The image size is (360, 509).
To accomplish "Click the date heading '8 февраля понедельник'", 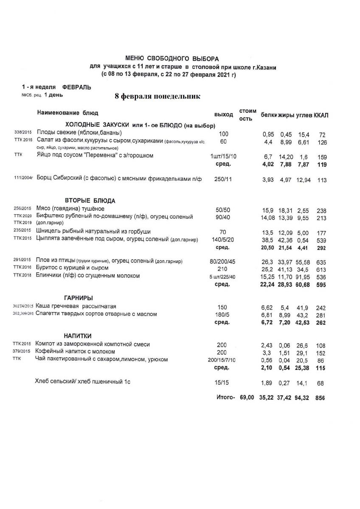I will click(157, 96).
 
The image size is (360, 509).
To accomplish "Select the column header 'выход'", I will click(224, 115).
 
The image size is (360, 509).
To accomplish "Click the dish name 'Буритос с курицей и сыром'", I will click(73, 268).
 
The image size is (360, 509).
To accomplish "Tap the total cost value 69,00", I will click(247, 397).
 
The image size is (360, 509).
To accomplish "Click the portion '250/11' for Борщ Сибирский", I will click(223, 180).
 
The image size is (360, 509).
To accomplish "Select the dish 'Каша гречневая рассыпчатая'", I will click(76, 306).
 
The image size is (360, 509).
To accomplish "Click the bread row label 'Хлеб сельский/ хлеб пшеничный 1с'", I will click(82, 382).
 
